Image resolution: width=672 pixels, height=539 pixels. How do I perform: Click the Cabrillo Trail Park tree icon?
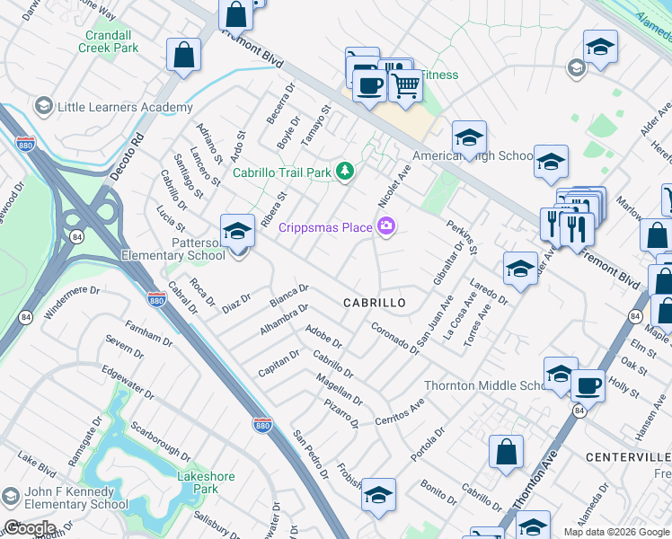tap(344, 171)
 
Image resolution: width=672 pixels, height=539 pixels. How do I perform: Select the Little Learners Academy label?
tap(124, 108)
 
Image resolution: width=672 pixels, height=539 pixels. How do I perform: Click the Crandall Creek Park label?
tap(111, 41)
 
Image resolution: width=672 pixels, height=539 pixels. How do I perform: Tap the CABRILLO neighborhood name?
tap(375, 304)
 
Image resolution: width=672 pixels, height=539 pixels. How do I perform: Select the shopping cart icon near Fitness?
tap(406, 87)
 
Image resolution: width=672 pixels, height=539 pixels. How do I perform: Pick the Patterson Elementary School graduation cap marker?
tap(237, 233)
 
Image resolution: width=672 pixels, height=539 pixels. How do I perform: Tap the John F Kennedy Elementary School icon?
tap(11, 496)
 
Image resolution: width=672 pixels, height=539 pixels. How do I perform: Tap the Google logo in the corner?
tap(31, 528)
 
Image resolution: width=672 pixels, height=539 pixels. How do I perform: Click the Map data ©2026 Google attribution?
tap(616, 531)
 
